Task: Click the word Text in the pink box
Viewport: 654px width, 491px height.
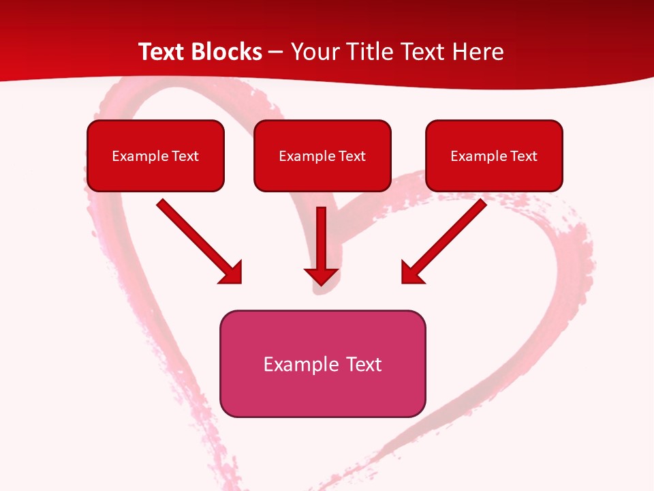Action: pos(364,364)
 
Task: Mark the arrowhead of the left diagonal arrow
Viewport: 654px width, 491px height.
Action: pos(232,274)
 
